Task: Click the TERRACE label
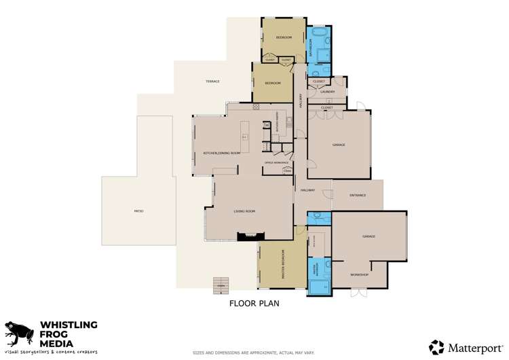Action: click(x=212, y=82)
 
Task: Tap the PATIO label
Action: click(x=138, y=211)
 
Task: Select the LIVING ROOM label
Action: click(x=244, y=211)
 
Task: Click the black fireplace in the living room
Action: click(x=247, y=236)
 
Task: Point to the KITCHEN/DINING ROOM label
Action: click(x=222, y=153)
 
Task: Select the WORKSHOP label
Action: click(x=359, y=274)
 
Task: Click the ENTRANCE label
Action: click(x=358, y=195)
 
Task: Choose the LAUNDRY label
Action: click(x=328, y=92)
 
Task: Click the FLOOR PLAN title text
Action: click(x=254, y=304)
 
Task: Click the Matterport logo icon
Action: click(x=436, y=347)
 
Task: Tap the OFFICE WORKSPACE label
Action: click(x=277, y=163)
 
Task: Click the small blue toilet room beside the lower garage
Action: click(x=318, y=218)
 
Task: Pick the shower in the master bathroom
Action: click(x=318, y=285)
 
